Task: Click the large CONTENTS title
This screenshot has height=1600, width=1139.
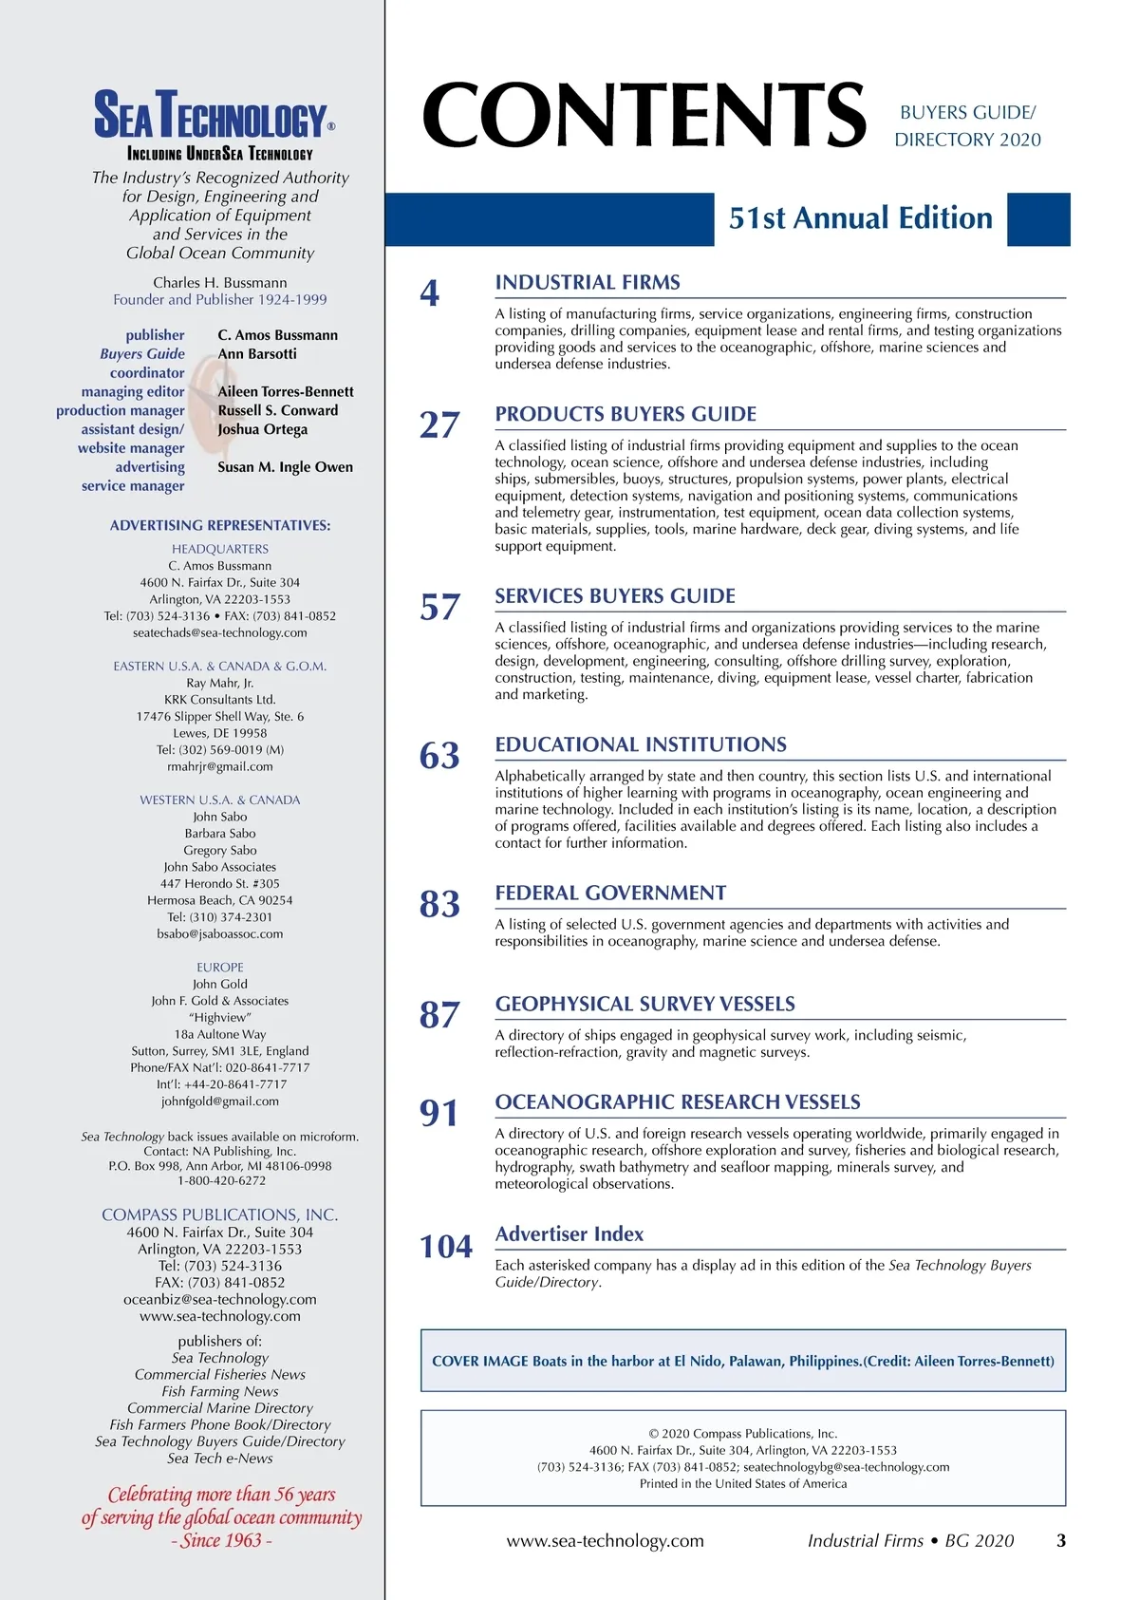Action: pos(644,115)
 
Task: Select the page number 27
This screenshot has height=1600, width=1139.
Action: pos(439,425)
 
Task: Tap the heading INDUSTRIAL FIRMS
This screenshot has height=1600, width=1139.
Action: pos(588,282)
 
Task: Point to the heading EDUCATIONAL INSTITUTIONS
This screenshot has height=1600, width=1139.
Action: pos(641,744)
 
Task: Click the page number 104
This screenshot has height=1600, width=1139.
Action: pos(446,1247)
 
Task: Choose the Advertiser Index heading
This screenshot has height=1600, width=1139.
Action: pos(569,1233)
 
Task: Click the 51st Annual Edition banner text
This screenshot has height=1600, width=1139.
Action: pos(860,218)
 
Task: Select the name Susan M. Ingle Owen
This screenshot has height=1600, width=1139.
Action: pos(285,467)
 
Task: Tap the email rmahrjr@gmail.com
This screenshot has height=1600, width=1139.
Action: pos(220,766)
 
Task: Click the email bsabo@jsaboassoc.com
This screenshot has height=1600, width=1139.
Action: pos(220,933)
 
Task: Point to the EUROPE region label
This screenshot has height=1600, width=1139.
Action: pos(220,967)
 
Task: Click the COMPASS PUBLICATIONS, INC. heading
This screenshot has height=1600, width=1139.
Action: pos(220,1214)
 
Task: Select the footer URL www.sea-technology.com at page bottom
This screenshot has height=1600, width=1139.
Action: pos(605,1540)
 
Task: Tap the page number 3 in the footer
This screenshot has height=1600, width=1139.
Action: pos(1061,1540)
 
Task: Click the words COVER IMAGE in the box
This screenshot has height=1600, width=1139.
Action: pos(479,1361)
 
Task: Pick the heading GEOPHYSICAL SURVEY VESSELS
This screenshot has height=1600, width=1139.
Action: pos(645,1004)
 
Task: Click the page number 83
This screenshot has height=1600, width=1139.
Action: pos(439,904)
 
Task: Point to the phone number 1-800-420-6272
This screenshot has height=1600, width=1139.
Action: pos(220,1180)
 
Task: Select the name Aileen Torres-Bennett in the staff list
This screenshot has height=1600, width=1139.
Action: pos(286,391)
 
